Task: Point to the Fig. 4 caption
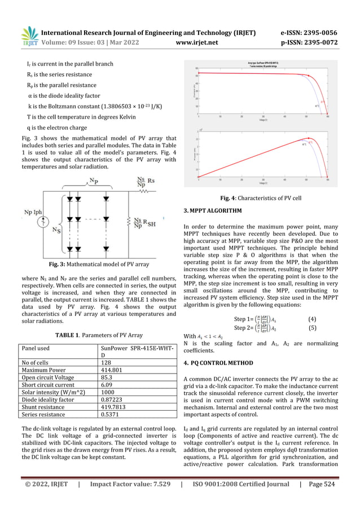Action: click(x=260, y=198)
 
